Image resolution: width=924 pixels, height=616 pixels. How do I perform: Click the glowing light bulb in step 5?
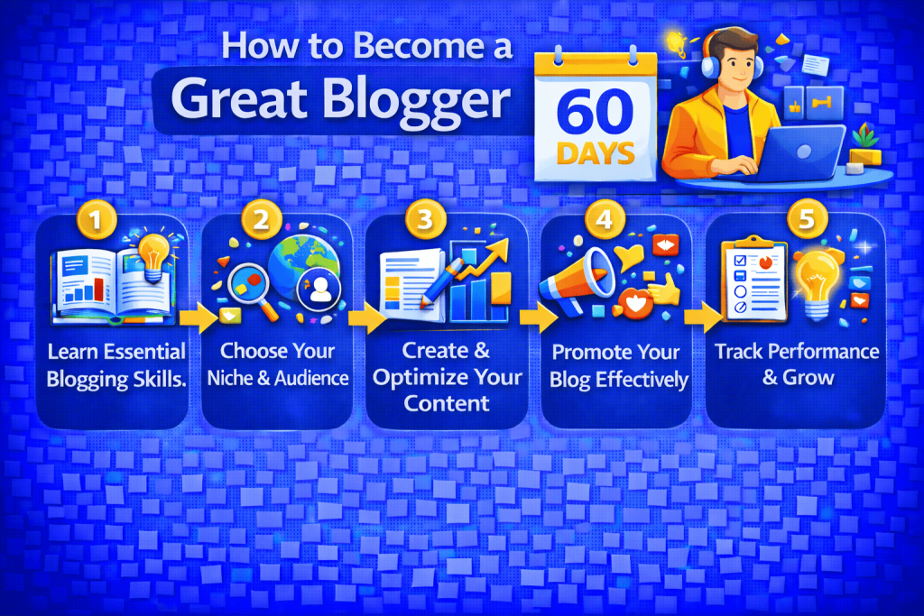click(x=818, y=280)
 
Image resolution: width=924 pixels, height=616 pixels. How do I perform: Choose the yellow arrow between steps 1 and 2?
click(x=199, y=316)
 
